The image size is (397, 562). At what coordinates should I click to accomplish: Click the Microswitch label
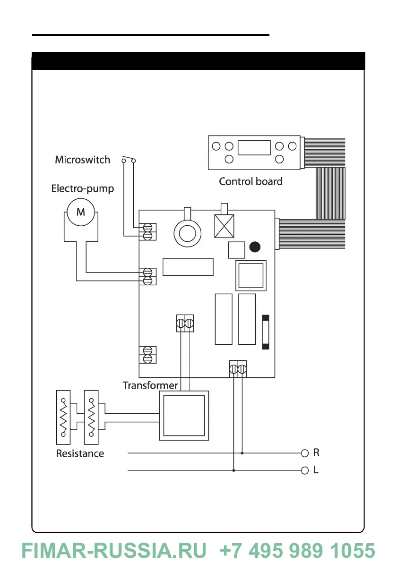82,160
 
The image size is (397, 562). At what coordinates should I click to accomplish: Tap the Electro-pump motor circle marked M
81,212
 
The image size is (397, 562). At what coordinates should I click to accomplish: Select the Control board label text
250,181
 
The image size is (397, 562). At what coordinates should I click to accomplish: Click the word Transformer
150,385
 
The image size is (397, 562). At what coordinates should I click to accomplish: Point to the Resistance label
80,454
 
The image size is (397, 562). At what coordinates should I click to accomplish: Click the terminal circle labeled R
305,453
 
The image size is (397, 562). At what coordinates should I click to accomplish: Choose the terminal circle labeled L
305,470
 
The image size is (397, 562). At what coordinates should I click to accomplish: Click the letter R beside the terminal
317,453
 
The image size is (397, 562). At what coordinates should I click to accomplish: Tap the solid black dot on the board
255,247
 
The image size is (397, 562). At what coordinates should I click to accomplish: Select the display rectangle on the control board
254,148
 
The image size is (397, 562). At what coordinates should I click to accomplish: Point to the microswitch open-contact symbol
128,159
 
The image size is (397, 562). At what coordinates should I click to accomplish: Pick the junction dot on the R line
242,453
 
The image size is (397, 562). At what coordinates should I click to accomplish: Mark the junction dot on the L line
233,470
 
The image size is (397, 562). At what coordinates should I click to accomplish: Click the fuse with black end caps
266,332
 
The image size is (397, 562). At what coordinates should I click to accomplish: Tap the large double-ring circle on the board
188,232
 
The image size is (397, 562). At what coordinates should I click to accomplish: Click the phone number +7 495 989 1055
298,551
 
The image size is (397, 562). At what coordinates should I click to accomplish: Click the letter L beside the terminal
316,470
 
